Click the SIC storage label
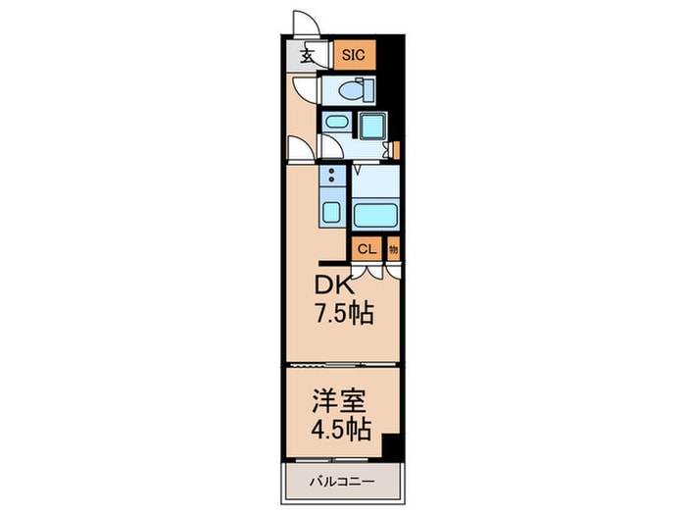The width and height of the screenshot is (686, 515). coord(353,55)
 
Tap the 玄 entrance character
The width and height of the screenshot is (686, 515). coord(307,56)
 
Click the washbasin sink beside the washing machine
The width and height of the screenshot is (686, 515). coord(336,125)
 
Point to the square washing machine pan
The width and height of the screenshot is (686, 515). coord(372,127)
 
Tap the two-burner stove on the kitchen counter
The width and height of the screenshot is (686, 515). coord(331,178)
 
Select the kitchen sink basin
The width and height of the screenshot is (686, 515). coord(330,212)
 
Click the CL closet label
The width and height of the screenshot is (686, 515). coord(366,249)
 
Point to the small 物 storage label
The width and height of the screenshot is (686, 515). coord(393,249)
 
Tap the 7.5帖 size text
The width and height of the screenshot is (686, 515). coord(343,317)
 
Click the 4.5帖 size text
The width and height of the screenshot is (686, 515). coord(342,429)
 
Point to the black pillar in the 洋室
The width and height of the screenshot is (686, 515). coord(391,446)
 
